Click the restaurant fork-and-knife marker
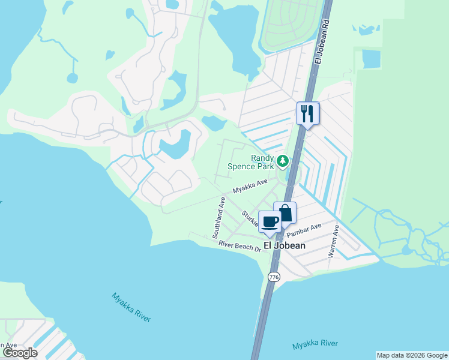click(307, 113)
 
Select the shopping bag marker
click(285, 214)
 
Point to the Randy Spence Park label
click(250, 161)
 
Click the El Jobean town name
click(285, 245)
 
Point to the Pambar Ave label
click(304, 229)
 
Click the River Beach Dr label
click(240, 245)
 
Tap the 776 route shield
click(274, 277)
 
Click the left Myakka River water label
click(131, 307)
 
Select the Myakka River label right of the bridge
click(315, 345)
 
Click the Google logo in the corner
click(19, 353)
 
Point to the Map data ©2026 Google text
click(412, 355)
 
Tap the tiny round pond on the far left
click(72, 78)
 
